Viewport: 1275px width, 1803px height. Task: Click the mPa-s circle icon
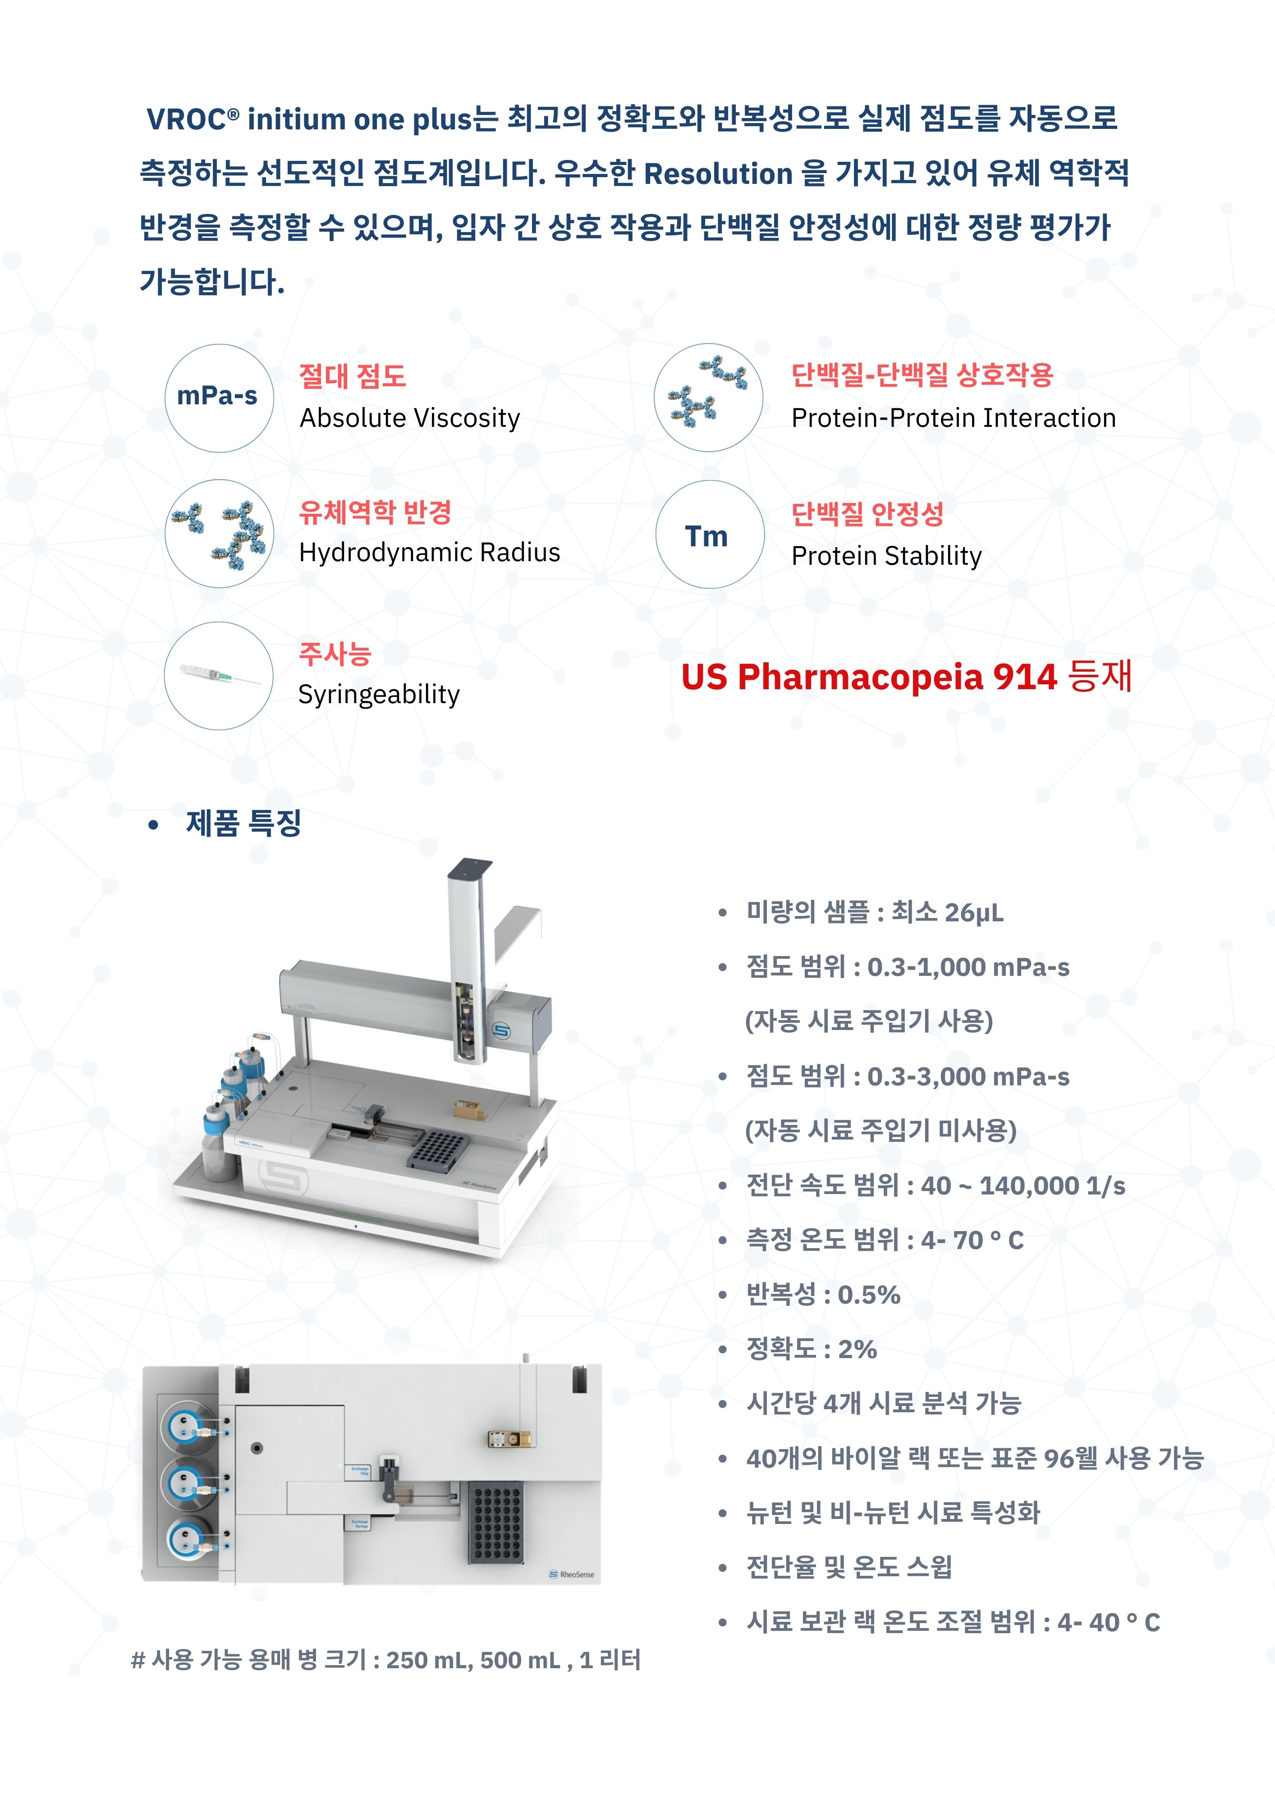tap(219, 398)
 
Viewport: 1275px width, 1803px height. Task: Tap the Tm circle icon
tap(709, 535)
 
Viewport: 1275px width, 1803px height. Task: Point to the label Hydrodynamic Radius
tap(430, 553)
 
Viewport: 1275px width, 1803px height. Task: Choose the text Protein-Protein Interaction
tap(953, 418)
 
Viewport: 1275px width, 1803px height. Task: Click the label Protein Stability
tap(886, 556)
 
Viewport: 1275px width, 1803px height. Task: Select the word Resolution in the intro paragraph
tap(718, 174)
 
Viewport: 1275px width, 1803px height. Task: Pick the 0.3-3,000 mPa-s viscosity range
tap(968, 1077)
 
